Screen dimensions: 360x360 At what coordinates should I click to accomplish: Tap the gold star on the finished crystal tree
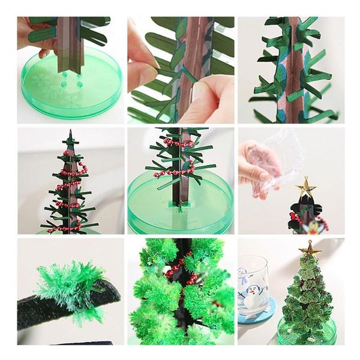310,248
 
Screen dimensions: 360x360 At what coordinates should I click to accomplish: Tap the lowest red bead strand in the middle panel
174,173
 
